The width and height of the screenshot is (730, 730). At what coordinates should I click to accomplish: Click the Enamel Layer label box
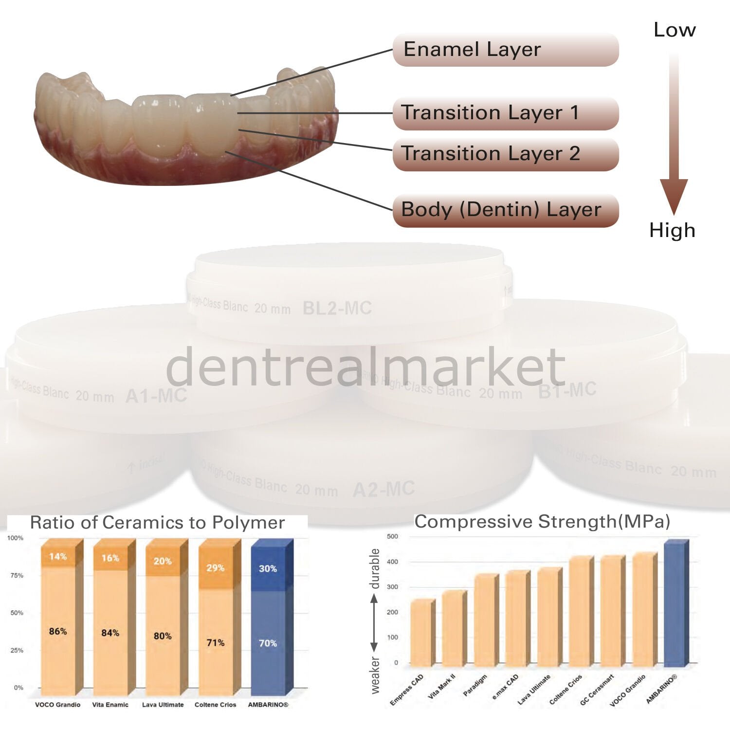(x=505, y=50)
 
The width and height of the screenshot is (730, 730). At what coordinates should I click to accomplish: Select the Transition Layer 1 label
(x=505, y=113)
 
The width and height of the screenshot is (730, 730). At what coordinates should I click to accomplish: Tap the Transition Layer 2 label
(x=505, y=154)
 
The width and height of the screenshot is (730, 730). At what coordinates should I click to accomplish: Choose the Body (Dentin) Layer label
(x=505, y=210)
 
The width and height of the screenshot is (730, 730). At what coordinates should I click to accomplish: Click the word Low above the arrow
(x=674, y=30)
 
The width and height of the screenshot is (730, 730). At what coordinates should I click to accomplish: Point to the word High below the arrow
(x=672, y=230)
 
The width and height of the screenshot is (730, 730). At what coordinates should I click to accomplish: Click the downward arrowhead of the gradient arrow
(x=674, y=195)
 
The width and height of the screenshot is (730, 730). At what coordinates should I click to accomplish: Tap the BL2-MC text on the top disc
(x=337, y=308)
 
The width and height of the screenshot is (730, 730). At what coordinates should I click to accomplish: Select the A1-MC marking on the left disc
(x=156, y=396)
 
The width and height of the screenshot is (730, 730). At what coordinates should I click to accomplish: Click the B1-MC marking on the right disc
(x=567, y=390)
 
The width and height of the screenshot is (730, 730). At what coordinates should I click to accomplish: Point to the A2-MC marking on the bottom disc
(x=383, y=489)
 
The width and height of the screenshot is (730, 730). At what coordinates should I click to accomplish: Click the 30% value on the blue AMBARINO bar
(x=268, y=568)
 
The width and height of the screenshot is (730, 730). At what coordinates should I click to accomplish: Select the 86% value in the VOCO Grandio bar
(x=58, y=631)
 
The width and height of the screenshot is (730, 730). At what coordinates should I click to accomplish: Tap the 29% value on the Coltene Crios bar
(x=215, y=568)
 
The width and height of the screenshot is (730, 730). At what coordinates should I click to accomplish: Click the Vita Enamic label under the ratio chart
(x=110, y=705)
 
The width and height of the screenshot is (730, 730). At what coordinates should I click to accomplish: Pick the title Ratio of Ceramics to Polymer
(x=157, y=523)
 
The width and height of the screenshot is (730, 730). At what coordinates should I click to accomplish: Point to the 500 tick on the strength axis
(x=392, y=536)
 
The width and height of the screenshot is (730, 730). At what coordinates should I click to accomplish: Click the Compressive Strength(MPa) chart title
(x=542, y=522)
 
